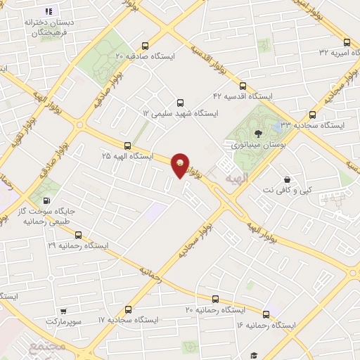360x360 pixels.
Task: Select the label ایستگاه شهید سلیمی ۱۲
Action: tap(181, 112)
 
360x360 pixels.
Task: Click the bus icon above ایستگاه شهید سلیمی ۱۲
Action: tap(181, 103)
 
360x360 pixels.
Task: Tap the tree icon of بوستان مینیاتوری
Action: tap(259, 132)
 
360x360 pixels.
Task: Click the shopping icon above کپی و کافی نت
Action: tap(286, 179)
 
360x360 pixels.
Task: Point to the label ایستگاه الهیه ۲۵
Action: tap(128, 155)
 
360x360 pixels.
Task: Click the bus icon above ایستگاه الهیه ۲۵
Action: tap(127, 145)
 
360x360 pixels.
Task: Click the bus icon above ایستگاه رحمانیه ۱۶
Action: tap(266, 314)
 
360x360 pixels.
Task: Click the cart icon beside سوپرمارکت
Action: tap(64, 311)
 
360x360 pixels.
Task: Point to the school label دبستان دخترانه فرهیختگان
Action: tap(50, 27)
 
